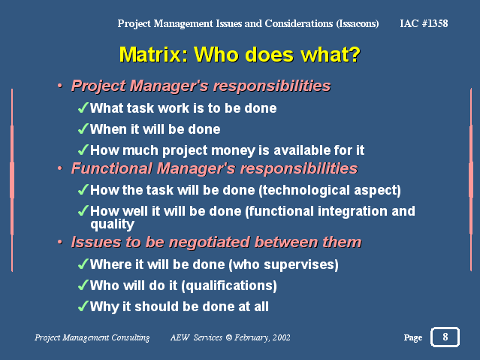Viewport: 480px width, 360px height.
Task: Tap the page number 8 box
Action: [x=445, y=337]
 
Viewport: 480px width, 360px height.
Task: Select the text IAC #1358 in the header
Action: [x=424, y=23]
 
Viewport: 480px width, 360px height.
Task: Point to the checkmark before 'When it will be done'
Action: [x=83, y=129]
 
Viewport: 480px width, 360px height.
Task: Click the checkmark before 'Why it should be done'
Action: [x=83, y=306]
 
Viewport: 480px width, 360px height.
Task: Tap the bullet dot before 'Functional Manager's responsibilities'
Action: [x=60, y=168]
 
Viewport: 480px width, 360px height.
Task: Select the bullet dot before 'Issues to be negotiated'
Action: [x=60, y=242]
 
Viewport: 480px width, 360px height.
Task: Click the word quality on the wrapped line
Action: [x=113, y=225]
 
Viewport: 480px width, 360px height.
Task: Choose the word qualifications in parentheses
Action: [x=229, y=286]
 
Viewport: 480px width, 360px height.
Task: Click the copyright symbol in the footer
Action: [x=228, y=337]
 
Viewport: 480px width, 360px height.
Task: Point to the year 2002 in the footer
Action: [x=282, y=337]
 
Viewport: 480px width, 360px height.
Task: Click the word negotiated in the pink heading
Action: [x=210, y=242]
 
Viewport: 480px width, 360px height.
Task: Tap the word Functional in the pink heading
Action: [x=112, y=168]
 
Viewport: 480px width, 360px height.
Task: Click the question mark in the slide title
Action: [x=354, y=55]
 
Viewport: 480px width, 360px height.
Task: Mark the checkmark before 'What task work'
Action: [x=83, y=107]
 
